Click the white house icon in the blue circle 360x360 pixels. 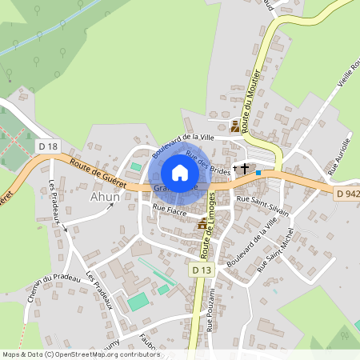pos(180,172)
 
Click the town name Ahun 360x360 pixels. pos(105,196)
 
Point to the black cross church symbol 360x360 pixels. pos(245,169)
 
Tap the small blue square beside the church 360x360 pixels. pos(258,172)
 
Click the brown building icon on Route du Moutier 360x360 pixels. pos(235,126)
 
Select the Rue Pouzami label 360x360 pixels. pos(210,312)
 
